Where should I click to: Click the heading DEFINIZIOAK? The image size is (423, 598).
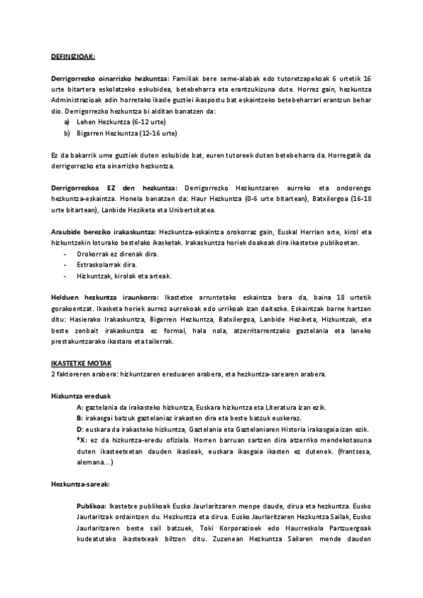point(73,56)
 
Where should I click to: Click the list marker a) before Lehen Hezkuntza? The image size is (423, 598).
point(67,122)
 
